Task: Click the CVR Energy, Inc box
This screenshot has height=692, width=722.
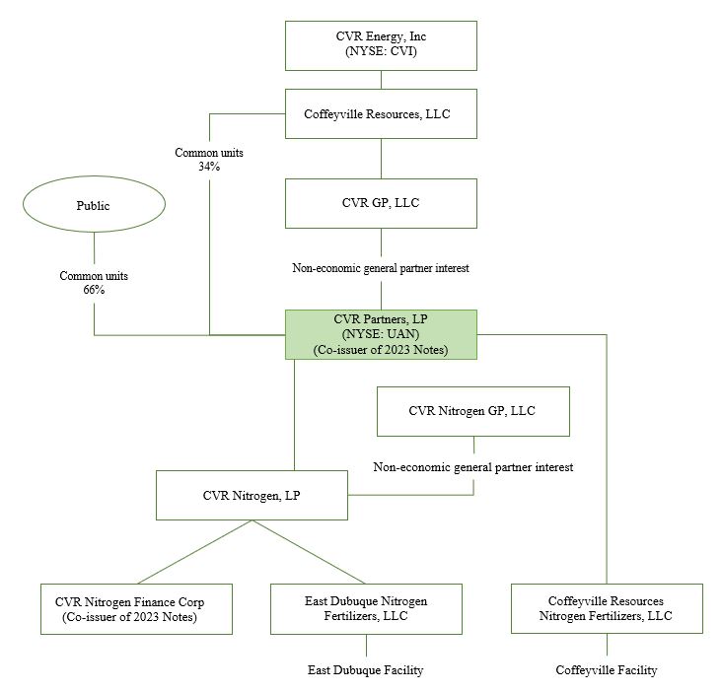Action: (x=380, y=44)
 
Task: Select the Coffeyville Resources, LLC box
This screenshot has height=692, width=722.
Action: (x=380, y=114)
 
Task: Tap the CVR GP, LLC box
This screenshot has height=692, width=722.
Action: (x=380, y=203)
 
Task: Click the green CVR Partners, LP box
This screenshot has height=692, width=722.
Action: (x=380, y=334)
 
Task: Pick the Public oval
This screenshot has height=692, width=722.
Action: (x=93, y=207)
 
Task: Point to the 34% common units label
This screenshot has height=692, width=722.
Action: (x=208, y=160)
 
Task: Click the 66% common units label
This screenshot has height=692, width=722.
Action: (x=94, y=283)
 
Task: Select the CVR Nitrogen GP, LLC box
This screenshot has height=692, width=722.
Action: (x=472, y=411)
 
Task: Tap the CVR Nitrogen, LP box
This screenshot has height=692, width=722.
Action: (x=252, y=495)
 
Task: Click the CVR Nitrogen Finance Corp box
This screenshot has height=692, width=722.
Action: (x=137, y=608)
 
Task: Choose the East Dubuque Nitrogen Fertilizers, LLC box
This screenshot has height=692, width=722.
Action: (x=366, y=608)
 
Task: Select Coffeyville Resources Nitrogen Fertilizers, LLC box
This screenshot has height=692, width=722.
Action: (x=606, y=608)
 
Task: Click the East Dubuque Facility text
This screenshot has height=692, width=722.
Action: (x=366, y=670)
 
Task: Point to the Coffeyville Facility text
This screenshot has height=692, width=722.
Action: (x=606, y=670)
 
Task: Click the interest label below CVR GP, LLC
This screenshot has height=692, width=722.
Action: (x=380, y=267)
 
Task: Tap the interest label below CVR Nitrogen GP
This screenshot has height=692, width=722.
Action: (x=472, y=466)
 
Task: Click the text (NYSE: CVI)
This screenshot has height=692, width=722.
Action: (x=380, y=52)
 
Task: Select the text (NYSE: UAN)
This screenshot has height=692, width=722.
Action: (x=380, y=334)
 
